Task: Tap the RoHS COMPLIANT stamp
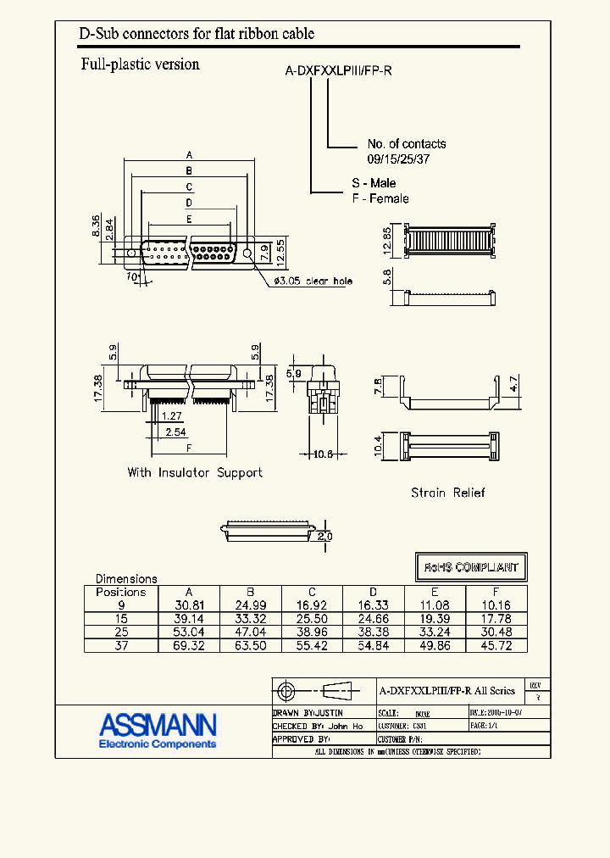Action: pos(471,566)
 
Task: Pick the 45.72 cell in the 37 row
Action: pos(496,646)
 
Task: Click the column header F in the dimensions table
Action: pos(496,593)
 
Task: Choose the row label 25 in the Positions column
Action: pos(121,632)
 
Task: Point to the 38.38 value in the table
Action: pos(373,632)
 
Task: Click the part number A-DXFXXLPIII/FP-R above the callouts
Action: pos(338,71)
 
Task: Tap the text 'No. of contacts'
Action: pos(406,144)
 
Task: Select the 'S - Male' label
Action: pos(374,183)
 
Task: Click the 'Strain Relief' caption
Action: pos(447,493)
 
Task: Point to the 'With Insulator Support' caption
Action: pos(195,472)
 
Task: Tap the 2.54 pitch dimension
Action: pos(175,432)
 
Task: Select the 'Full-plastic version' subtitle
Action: pos(140,64)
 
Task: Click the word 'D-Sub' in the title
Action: pos(97,34)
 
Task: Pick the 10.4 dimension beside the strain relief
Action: pos(379,442)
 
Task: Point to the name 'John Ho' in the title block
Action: pos(346,727)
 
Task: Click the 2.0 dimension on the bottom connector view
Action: pos(324,537)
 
